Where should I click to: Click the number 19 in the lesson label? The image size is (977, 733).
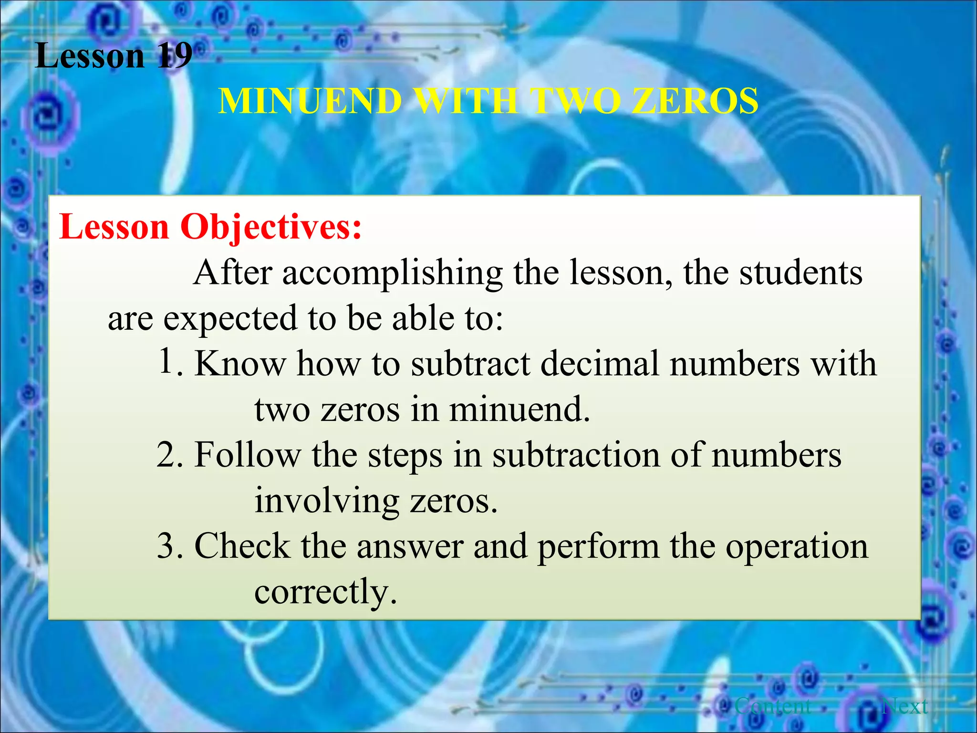click(x=175, y=56)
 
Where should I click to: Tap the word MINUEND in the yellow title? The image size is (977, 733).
click(x=310, y=101)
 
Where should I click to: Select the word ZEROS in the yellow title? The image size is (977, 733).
click(x=695, y=101)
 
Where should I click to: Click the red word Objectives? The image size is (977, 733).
click(x=271, y=227)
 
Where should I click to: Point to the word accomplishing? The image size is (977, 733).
click(x=392, y=273)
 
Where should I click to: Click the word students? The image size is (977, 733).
click(x=800, y=273)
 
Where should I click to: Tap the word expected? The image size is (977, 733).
click(x=230, y=318)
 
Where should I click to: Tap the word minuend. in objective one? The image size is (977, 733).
click(x=519, y=409)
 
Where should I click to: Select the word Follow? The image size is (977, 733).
click(x=248, y=455)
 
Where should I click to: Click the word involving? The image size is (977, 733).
click(x=326, y=501)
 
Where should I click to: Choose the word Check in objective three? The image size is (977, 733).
click(x=242, y=546)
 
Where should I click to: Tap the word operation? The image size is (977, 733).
click(x=797, y=546)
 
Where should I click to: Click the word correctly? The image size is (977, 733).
click(x=325, y=592)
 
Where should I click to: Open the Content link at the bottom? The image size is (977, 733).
click(x=773, y=706)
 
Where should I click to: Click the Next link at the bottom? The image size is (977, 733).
click(x=905, y=706)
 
